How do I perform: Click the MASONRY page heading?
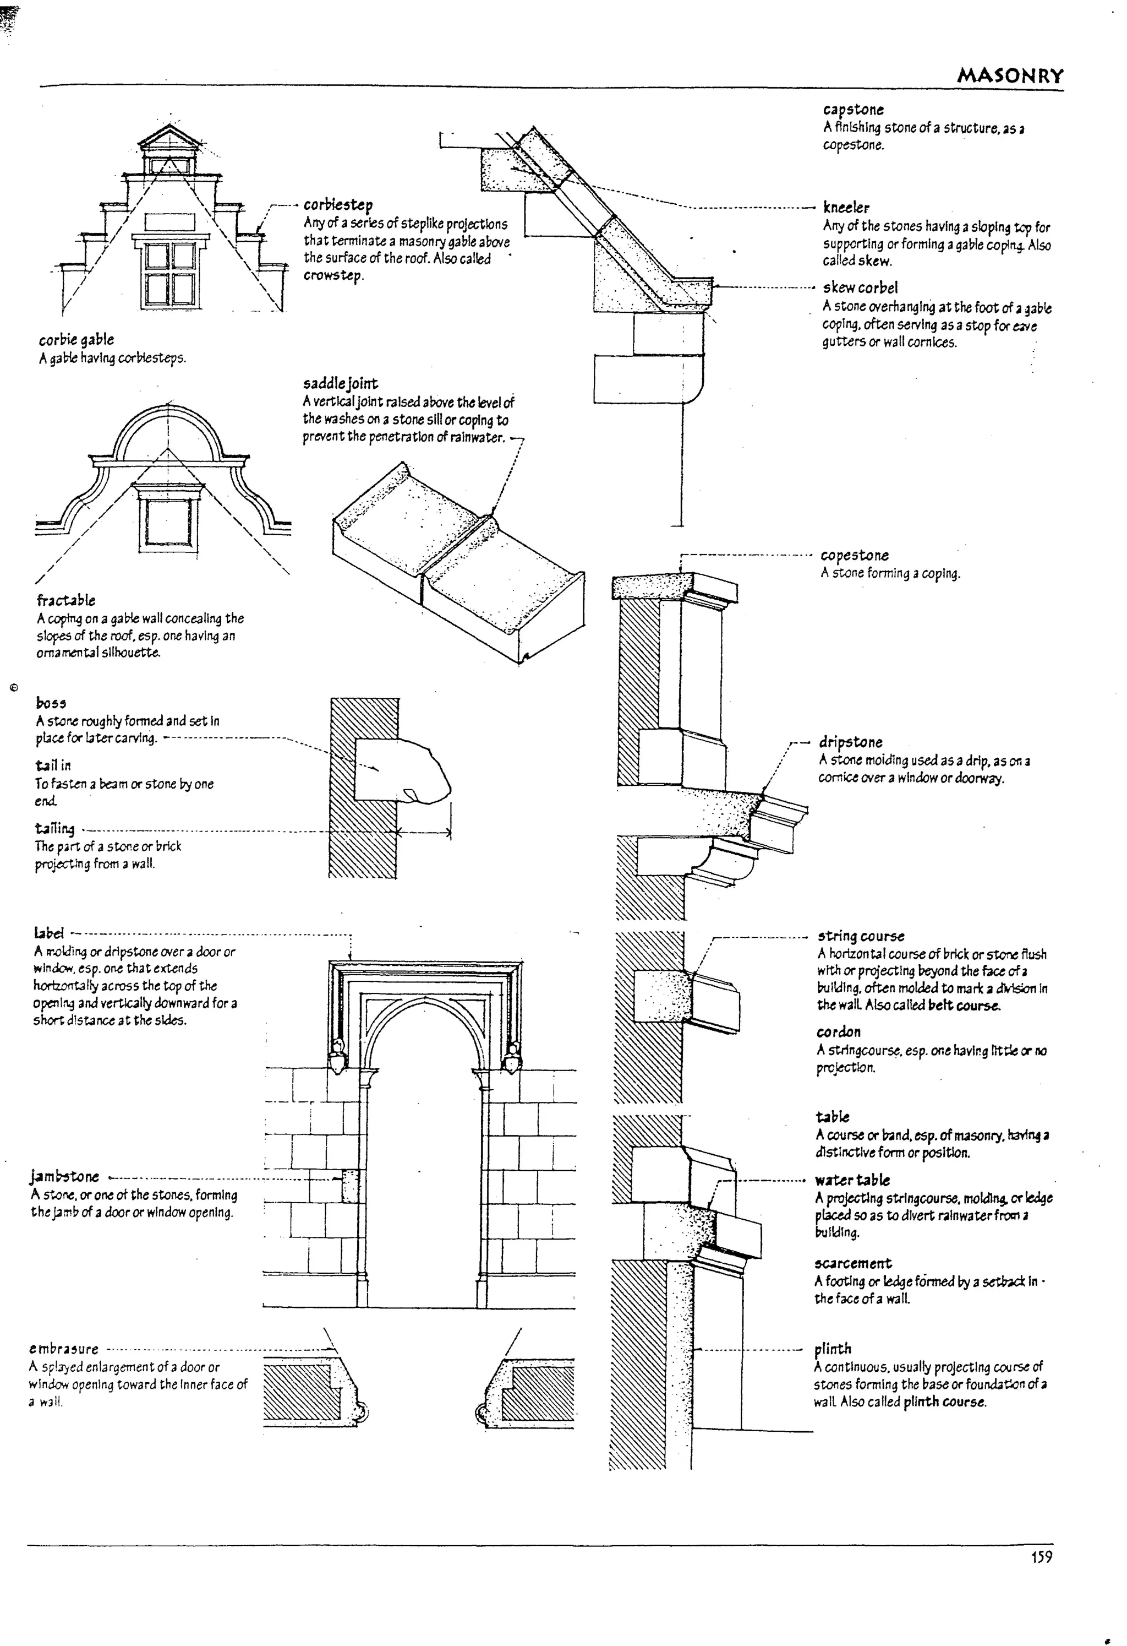1009,76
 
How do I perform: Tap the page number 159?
1041,1557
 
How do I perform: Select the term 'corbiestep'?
338,205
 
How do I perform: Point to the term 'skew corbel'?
860,287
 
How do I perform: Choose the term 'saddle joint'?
341,384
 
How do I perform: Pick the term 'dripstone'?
850,742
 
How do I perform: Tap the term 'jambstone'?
64,1177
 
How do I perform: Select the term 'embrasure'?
64,1349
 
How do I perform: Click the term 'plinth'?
833,1349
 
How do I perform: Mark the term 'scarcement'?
853,1263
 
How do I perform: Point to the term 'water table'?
852,1180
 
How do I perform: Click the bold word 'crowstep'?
333,275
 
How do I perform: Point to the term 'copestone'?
855,555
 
